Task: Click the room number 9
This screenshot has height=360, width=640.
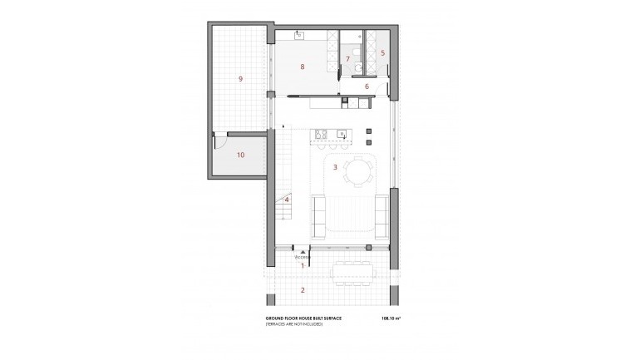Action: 240,79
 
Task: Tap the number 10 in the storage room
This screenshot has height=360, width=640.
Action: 239,155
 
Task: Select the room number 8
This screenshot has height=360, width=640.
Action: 303,67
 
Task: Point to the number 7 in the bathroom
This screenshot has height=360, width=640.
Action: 347,59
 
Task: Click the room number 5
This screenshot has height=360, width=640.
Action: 382,52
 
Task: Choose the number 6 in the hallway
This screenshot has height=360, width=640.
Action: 367,86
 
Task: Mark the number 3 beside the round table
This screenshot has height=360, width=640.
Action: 335,167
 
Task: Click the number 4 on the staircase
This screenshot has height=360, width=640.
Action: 287,200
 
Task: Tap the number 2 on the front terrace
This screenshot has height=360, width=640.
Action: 303,289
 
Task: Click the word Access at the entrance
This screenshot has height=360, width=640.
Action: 302,258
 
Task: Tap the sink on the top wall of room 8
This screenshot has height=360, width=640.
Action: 299,34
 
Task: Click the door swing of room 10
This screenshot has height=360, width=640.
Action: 221,141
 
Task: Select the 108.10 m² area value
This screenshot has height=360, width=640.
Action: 389,318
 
